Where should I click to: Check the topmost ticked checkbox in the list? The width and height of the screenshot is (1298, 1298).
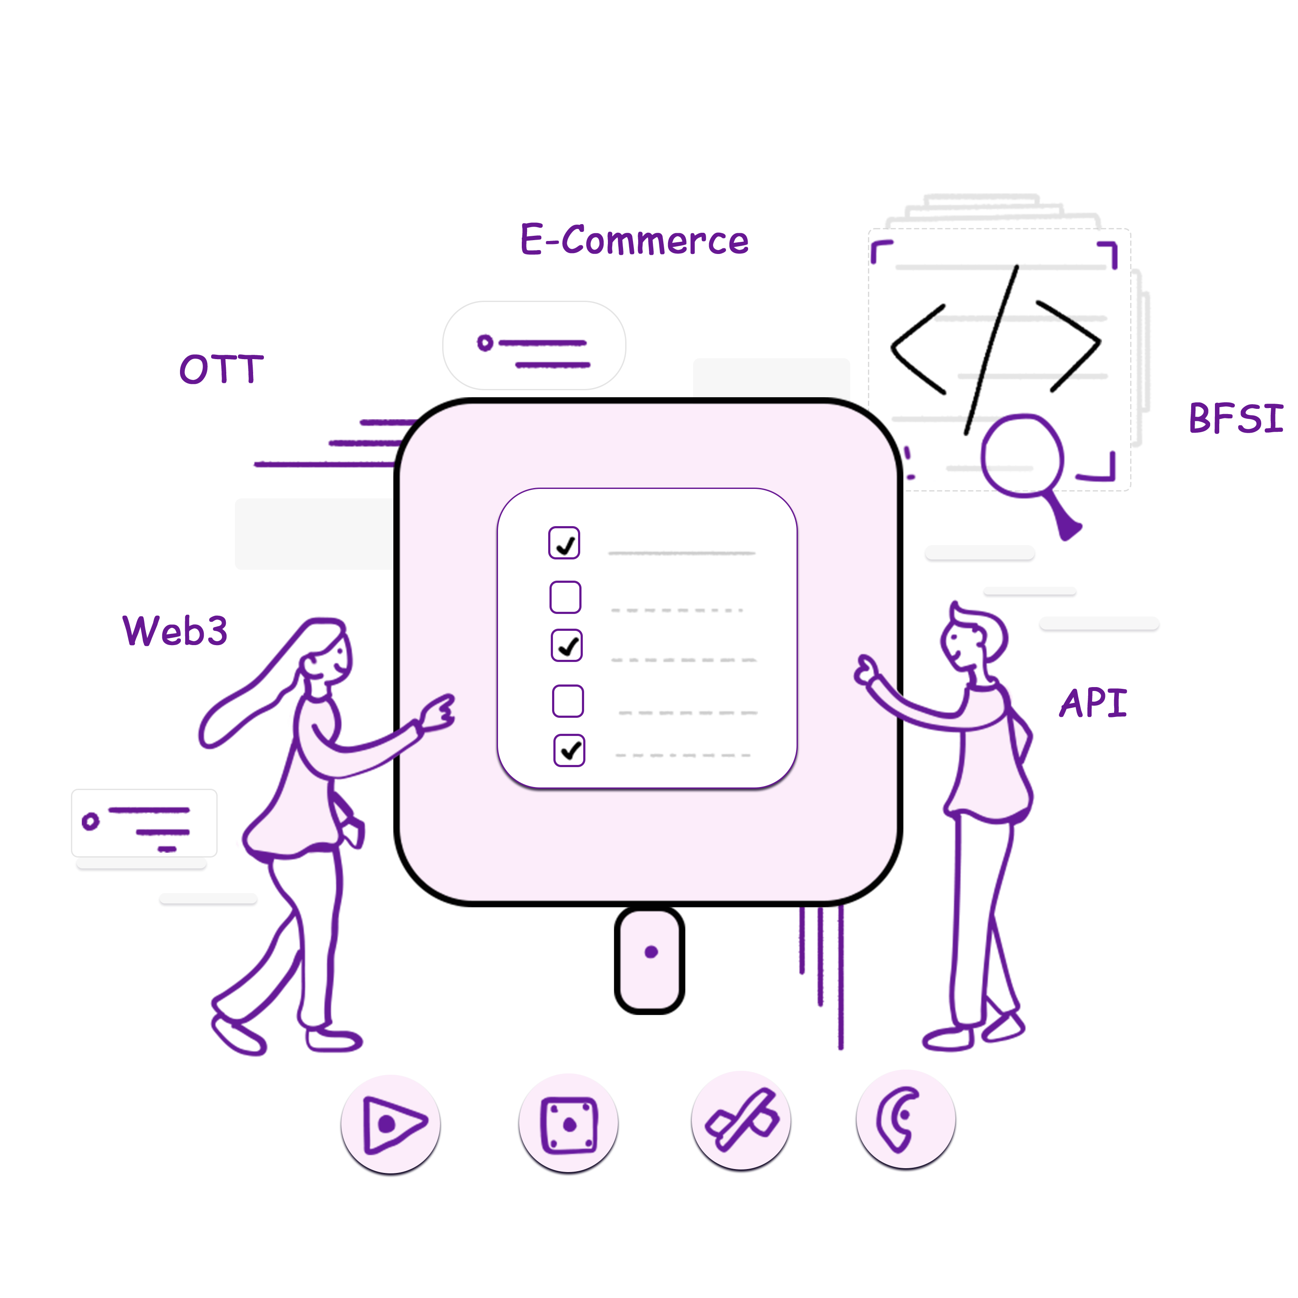tap(564, 543)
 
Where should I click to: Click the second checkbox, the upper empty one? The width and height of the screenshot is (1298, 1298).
tap(565, 597)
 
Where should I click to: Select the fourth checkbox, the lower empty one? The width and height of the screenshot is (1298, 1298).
tap(568, 701)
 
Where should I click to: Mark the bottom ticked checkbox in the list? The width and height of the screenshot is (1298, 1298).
tap(569, 750)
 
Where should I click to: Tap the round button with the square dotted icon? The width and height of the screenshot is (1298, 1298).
tap(569, 1123)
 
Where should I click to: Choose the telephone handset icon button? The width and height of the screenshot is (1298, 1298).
tap(906, 1119)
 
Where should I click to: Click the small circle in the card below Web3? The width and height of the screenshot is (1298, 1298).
tap(90, 821)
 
